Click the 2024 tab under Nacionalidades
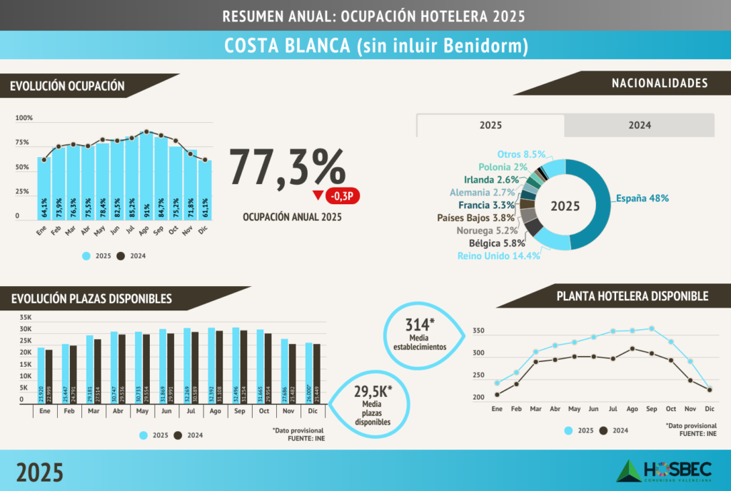coord(639,125)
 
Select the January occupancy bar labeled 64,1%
coord(44,189)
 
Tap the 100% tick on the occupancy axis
coord(24,118)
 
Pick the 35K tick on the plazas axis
coord(26,317)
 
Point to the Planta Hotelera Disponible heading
coord(632,295)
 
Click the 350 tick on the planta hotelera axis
coord(478,331)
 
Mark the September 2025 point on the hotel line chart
coord(651,329)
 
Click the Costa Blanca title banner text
coord(365,46)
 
